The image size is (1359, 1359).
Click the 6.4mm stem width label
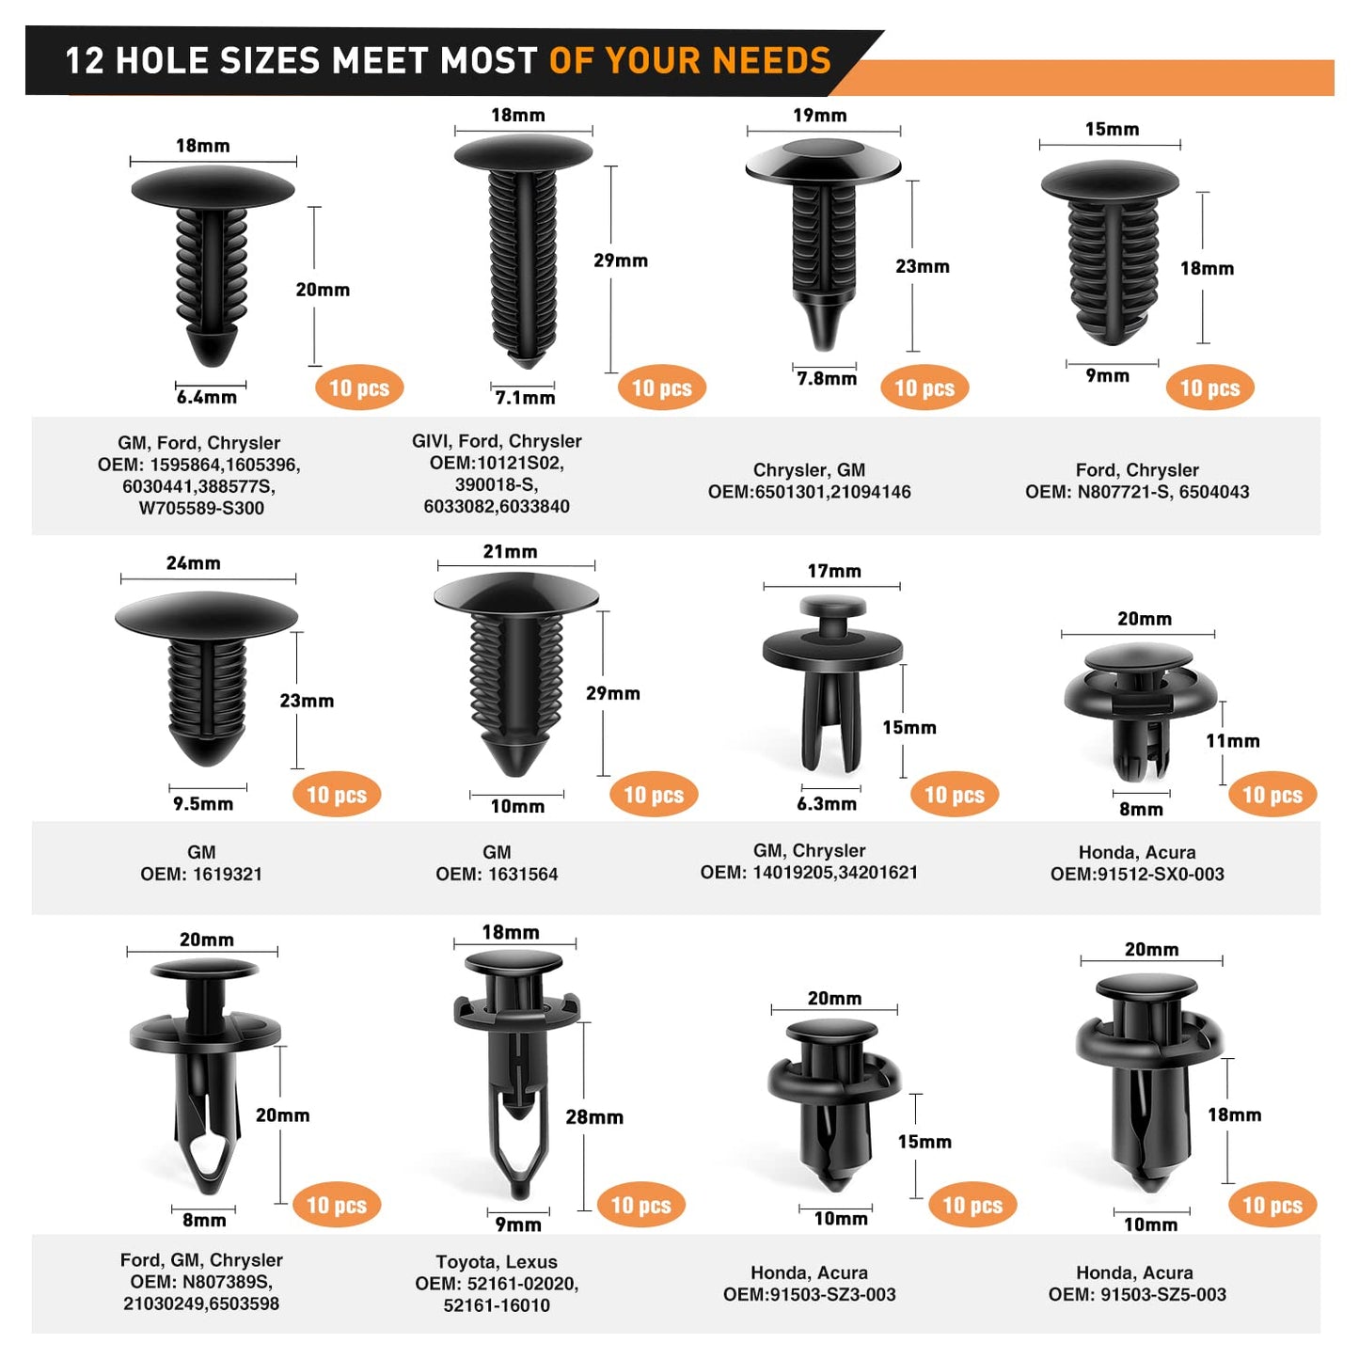(207, 397)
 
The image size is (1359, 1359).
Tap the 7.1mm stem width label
(525, 398)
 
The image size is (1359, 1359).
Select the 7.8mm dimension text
(827, 379)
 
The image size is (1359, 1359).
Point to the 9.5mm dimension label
(203, 803)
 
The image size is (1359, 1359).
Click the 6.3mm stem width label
(827, 803)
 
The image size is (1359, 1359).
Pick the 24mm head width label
(193, 562)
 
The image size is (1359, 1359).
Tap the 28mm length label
(594, 1116)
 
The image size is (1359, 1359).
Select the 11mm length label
(1233, 740)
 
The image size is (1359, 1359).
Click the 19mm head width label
(819, 115)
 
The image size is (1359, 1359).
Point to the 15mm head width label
(1113, 129)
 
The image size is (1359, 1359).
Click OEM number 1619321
(227, 874)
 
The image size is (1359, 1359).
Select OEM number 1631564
(522, 874)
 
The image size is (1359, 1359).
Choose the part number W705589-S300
(201, 508)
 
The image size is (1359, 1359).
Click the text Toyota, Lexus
(497, 1262)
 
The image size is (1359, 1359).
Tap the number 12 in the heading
(85, 60)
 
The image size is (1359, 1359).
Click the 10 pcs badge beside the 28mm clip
(640, 1205)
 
